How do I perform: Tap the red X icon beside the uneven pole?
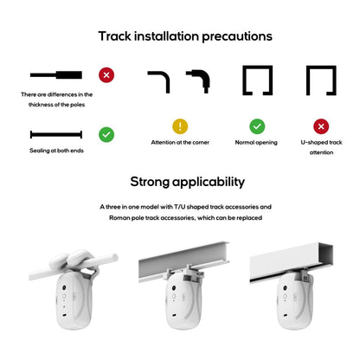[x=106, y=75]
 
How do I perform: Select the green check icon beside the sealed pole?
[x=106, y=134]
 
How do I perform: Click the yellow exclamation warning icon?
[x=180, y=126]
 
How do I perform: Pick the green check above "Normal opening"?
[x=256, y=126]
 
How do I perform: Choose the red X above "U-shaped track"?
[x=320, y=126]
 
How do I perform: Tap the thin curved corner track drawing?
[x=158, y=82]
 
